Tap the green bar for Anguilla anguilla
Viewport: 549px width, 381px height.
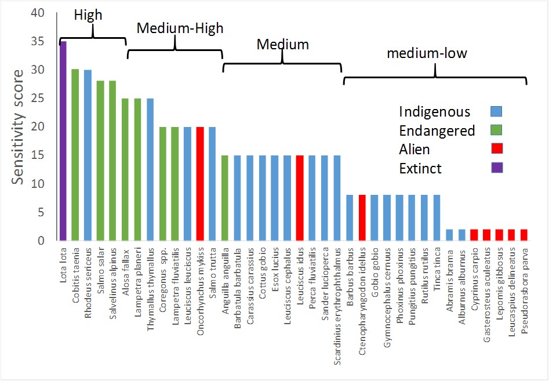pos(225,198)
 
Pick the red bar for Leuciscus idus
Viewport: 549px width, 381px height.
pos(300,198)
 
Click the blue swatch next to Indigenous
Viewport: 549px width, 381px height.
pos(496,111)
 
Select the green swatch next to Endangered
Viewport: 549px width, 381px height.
pos(496,130)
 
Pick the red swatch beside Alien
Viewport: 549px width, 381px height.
pos(496,150)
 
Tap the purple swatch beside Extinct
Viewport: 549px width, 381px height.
pos(496,169)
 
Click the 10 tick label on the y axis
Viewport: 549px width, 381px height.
pos(37,184)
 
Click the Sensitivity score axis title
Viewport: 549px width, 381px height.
pos(19,127)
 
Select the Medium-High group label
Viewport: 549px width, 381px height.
pos(180,28)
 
